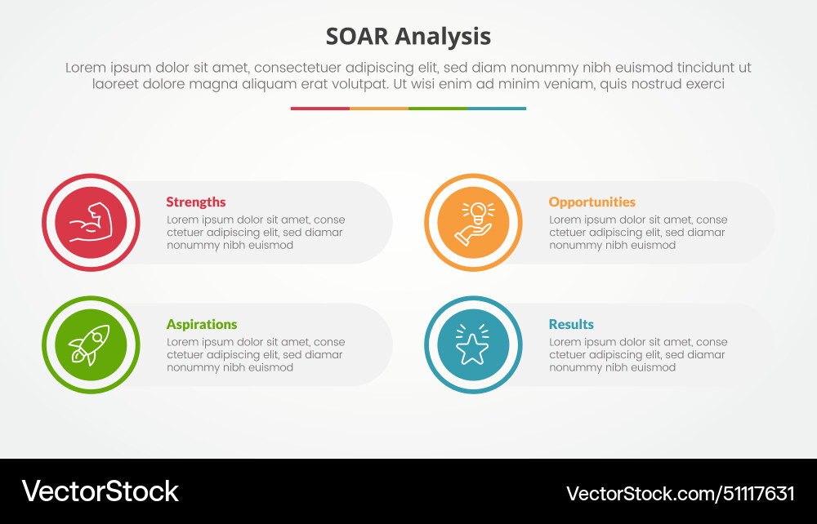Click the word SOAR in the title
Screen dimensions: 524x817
(x=356, y=37)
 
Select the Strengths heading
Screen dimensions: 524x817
(x=196, y=202)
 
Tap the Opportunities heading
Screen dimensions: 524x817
(x=592, y=202)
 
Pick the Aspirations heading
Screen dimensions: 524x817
(x=202, y=325)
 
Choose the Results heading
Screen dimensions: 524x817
(x=571, y=325)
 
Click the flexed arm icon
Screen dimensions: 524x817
(x=91, y=223)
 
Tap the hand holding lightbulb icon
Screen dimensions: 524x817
(x=473, y=223)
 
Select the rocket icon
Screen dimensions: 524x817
(x=91, y=345)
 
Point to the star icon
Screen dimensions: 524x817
(x=473, y=347)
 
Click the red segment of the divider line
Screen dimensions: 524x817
(x=319, y=109)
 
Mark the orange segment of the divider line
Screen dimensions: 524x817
(x=378, y=109)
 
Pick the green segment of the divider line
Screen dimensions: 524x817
(x=437, y=109)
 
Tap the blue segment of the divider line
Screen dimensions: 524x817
(x=496, y=109)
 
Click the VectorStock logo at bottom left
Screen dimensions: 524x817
(x=100, y=491)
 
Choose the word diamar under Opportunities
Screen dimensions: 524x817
(x=706, y=233)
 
